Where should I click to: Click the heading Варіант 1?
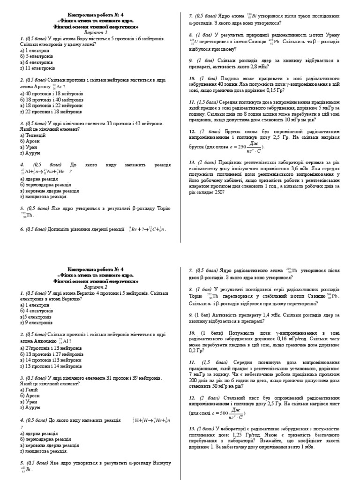coord(95,33)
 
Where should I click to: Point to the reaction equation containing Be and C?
coord(147,230)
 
